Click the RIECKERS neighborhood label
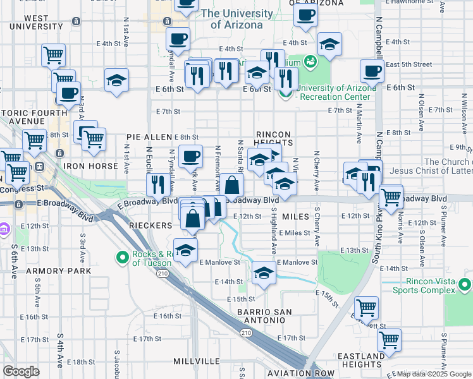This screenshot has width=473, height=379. pyautogui.click(x=150, y=226)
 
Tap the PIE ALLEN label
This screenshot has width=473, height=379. pyautogui.click(x=149, y=136)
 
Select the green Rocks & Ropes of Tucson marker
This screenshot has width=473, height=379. pyautogui.click(x=122, y=257)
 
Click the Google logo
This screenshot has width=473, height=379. pyautogui.click(x=21, y=371)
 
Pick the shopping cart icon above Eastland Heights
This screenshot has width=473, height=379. pyautogui.click(x=389, y=339)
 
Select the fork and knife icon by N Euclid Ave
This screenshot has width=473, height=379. pyautogui.click(x=156, y=184)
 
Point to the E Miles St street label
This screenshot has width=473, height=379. pyautogui.click(x=295, y=232)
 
